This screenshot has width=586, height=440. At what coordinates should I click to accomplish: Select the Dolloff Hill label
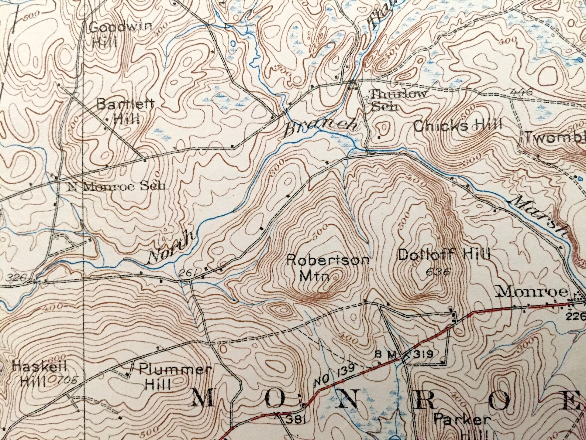click(444, 255)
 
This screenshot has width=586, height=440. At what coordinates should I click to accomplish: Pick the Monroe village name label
click(532, 292)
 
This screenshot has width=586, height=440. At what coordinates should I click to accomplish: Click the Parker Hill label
click(462, 425)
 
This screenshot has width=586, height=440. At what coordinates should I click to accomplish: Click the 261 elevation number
click(185, 273)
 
